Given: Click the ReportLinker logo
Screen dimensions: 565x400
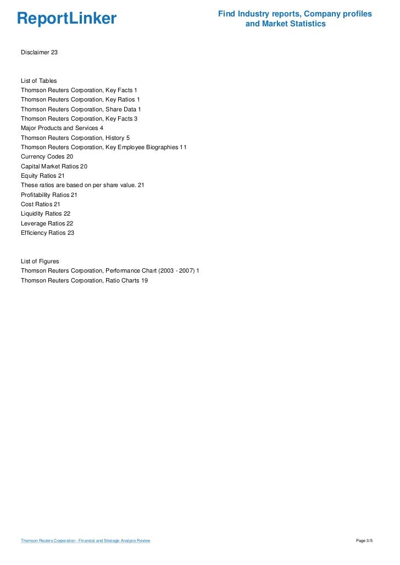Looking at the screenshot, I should coord(66,19).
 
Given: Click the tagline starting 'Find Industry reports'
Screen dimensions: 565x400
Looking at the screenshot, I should coord(295,19).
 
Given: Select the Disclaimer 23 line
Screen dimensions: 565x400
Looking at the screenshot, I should coord(39,52).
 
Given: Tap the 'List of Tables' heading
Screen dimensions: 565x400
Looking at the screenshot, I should coord(38,81).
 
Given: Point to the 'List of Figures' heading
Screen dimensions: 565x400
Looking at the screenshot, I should coord(40,261).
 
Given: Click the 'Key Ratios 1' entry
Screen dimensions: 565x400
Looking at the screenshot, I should coord(80,99).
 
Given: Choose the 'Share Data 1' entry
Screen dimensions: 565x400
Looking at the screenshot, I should coord(81,109).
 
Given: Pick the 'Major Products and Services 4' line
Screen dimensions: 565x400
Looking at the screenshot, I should coord(62,128).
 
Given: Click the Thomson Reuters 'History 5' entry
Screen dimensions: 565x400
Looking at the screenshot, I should coord(75,138).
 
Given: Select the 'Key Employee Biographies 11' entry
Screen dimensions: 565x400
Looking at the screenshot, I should coord(104,147).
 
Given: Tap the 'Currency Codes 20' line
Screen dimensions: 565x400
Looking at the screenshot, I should coord(47,156).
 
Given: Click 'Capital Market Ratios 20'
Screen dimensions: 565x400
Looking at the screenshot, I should coord(54,166).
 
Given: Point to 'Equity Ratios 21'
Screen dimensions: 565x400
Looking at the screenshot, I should coord(43,176).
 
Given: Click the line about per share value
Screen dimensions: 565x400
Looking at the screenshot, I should coord(82,185).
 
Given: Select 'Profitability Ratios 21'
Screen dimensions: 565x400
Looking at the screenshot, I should coord(49,195).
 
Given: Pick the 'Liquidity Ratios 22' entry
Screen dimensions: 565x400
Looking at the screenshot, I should coord(46,213).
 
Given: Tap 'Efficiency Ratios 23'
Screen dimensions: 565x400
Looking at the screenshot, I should coord(47,233).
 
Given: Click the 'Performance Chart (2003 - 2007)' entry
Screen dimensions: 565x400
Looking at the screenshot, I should coord(110,271).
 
